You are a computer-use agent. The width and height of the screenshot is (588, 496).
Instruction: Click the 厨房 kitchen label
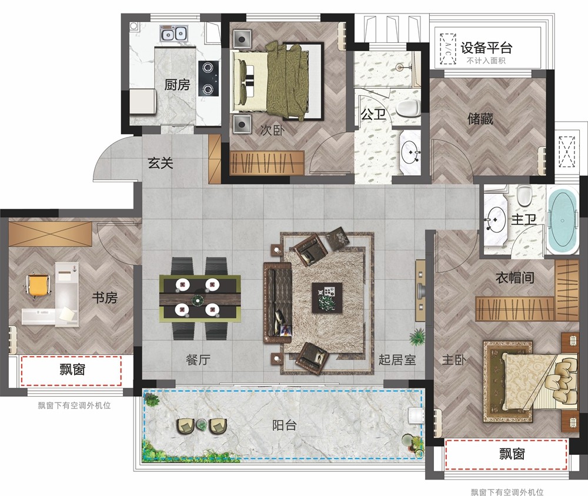[x=177, y=85]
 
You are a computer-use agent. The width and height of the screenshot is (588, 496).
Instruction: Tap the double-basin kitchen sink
[x=173, y=33]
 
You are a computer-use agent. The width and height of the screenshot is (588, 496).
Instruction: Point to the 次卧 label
[x=272, y=130]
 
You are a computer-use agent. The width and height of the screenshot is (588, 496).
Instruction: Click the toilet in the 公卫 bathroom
[x=408, y=108]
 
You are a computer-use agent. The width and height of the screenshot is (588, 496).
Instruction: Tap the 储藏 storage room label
[x=480, y=119]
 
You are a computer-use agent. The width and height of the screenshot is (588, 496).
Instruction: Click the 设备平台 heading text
[x=486, y=48]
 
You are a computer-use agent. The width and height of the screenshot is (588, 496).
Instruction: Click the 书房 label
[x=105, y=298]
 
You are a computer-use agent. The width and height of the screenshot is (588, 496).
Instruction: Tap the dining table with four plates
[x=200, y=299]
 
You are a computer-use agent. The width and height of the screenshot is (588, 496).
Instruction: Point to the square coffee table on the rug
[x=327, y=298]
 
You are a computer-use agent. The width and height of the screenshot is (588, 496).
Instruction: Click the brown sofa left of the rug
[x=278, y=303]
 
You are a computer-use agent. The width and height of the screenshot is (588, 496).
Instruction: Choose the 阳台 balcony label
[x=284, y=425]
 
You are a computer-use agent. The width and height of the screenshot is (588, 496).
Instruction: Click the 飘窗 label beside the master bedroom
[x=512, y=454]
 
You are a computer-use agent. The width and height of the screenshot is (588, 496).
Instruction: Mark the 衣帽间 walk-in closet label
[x=515, y=278]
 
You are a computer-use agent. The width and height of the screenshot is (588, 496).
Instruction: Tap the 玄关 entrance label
[x=161, y=163]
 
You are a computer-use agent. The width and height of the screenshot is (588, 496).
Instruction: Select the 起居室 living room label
[x=397, y=360]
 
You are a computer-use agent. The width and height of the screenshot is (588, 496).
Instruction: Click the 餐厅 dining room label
[x=198, y=360]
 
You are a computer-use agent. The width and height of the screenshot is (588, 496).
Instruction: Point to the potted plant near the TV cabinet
[x=417, y=336]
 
